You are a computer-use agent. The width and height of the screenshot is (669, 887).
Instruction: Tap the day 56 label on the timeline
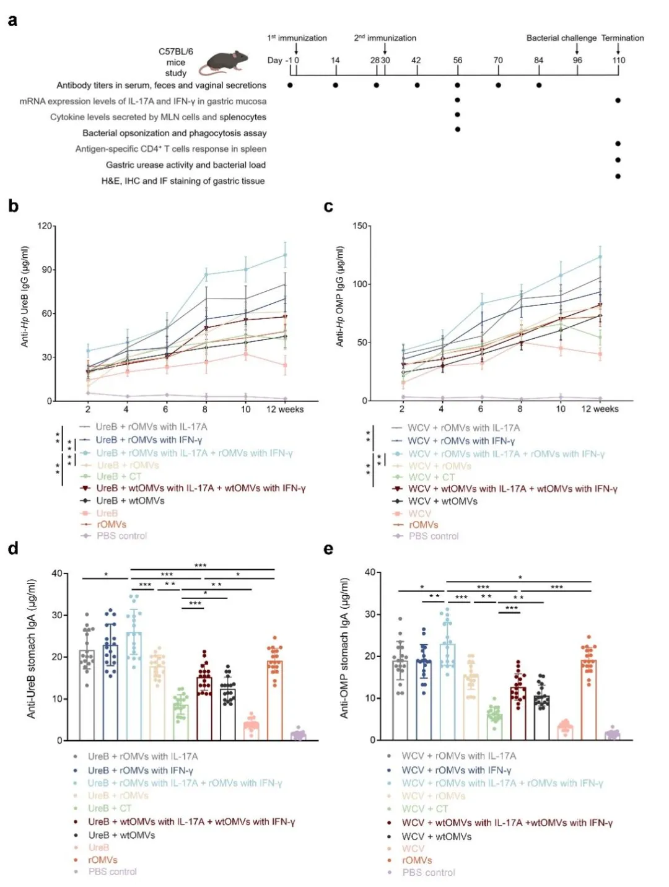tap(458, 60)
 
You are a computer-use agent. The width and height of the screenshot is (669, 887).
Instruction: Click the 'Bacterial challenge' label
tap(561, 38)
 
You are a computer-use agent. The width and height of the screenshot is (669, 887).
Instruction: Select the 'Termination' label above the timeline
tap(623, 38)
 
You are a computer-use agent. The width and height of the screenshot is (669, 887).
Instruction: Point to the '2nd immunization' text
tap(385, 38)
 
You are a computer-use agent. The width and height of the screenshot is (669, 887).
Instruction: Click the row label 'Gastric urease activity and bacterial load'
tap(186, 165)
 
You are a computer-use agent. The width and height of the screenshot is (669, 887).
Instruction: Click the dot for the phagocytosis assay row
tap(458, 129)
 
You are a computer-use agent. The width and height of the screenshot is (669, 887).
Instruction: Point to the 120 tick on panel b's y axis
tap(45, 226)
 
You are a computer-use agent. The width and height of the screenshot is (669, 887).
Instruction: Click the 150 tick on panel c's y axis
tap(359, 226)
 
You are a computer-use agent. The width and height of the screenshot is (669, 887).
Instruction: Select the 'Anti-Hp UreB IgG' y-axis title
tap(25, 296)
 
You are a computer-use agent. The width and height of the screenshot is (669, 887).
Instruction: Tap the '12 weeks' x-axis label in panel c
tap(599, 409)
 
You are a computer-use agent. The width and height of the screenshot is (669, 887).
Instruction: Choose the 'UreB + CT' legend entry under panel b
tap(119, 476)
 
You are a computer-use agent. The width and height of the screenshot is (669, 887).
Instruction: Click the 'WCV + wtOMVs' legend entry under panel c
tap(443, 501)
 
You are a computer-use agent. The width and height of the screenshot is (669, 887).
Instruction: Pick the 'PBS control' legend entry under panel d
tap(112, 872)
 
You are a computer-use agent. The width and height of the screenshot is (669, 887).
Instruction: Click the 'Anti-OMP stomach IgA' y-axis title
tap(345, 648)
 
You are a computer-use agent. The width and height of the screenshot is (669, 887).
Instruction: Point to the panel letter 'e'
tap(328, 549)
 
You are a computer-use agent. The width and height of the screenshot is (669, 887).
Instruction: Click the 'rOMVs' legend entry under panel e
tap(417, 860)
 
